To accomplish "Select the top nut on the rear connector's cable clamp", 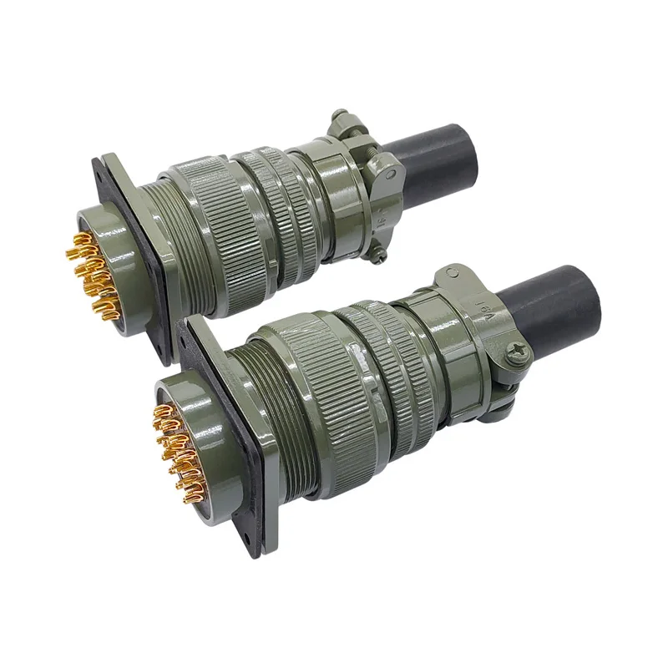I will click(x=340, y=119).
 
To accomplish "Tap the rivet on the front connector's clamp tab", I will click(x=452, y=272).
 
